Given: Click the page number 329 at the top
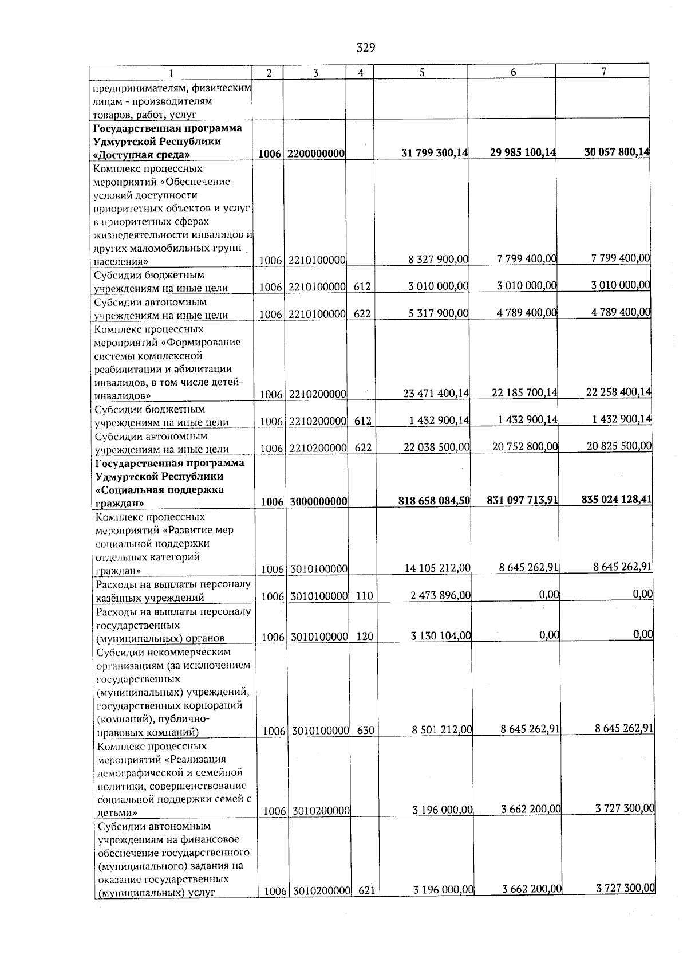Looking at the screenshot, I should coord(365,48).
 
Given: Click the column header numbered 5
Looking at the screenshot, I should coord(421,72).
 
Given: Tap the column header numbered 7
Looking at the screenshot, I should coord(603,70).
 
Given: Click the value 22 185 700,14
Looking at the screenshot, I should coord(524,392).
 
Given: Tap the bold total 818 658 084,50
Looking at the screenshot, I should coord(434,500).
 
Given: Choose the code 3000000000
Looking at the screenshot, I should coord(318,501).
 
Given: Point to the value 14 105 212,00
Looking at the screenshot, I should coord(437,568).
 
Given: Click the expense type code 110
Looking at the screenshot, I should coord(364,596).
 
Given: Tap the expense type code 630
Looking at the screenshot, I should coord(365,731).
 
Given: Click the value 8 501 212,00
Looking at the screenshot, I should coord(442,730).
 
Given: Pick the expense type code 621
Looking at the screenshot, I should coord(366,907).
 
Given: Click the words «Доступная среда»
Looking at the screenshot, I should coord(142,155).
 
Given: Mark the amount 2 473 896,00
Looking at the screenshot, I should coord(440,596).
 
